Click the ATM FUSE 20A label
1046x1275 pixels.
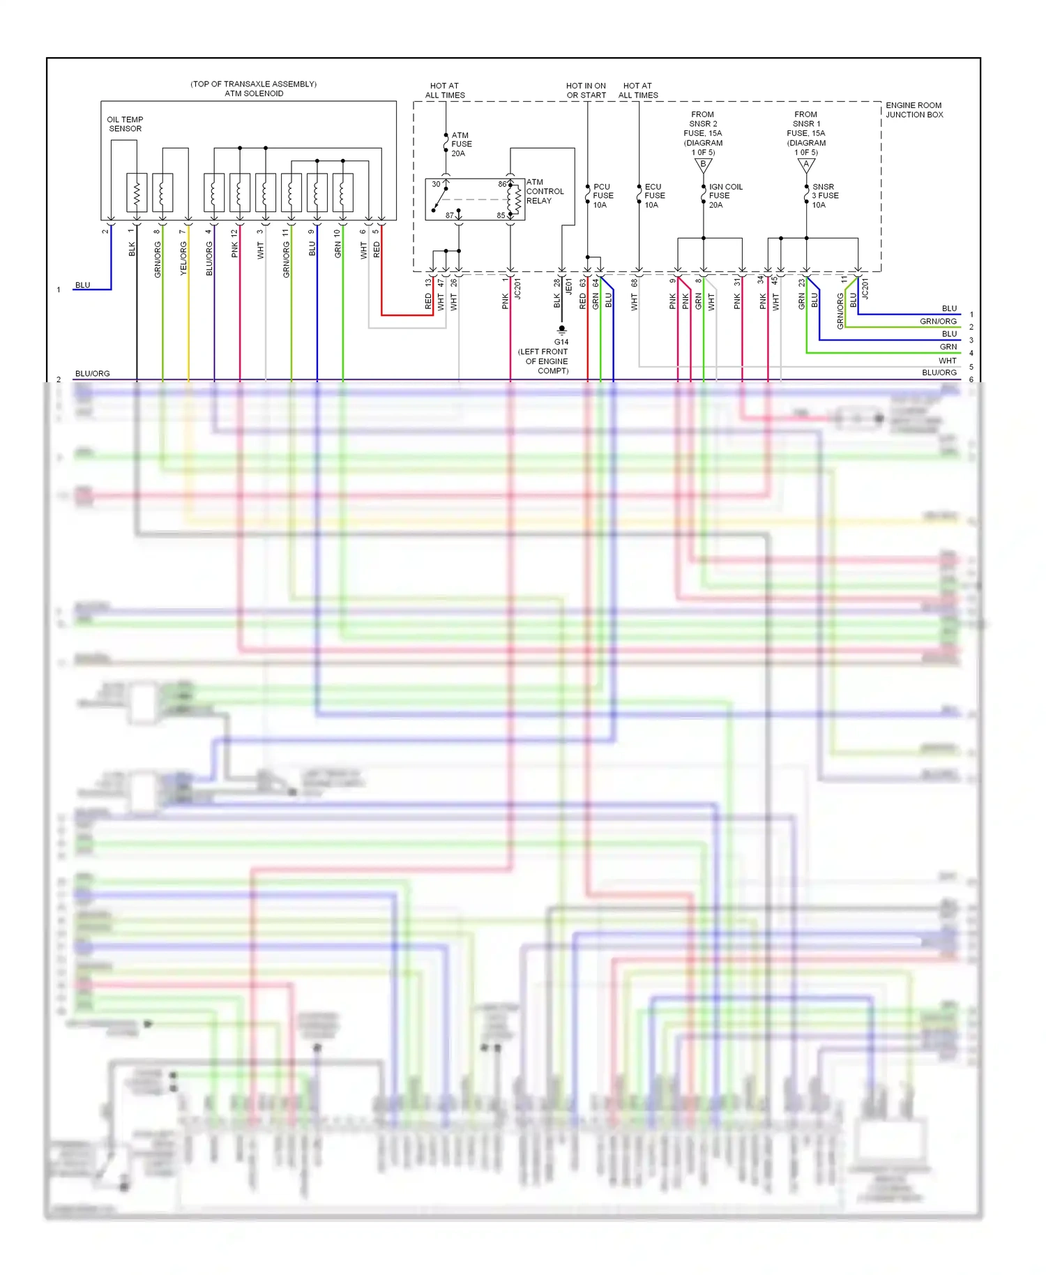[461, 144]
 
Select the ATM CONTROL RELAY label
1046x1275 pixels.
[545, 191]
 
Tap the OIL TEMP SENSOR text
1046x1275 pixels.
[125, 124]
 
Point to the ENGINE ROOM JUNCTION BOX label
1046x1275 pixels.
[914, 110]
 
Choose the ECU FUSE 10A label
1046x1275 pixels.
[654, 196]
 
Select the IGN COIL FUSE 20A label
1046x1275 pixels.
[725, 196]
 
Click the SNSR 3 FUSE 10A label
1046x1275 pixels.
[825, 196]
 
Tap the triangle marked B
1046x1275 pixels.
[703, 165]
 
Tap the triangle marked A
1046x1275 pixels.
[806, 165]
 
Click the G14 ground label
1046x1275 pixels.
[561, 342]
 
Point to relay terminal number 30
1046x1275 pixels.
[436, 184]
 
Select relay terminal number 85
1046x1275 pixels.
[501, 216]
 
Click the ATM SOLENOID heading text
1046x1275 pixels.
[254, 93]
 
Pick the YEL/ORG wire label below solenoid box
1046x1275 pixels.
[183, 259]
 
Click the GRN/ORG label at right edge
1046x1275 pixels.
[938, 322]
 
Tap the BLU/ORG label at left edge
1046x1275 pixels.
[92, 374]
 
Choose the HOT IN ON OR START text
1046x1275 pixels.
[586, 91]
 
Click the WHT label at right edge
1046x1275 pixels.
[947, 361]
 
